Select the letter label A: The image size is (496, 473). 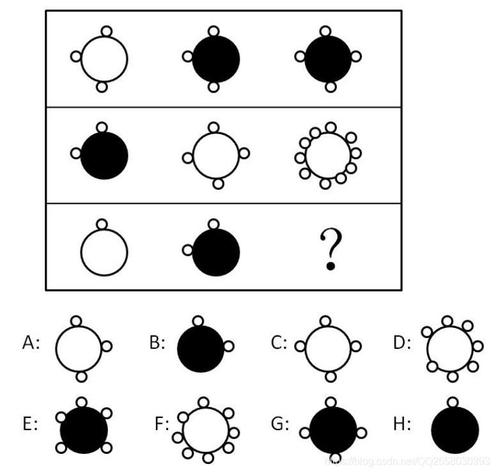pos(31,343)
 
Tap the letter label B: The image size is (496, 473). pos(157,343)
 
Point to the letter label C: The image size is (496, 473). pos(279,343)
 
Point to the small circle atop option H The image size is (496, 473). pos(453,402)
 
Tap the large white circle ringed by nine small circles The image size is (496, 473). pos(328,155)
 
